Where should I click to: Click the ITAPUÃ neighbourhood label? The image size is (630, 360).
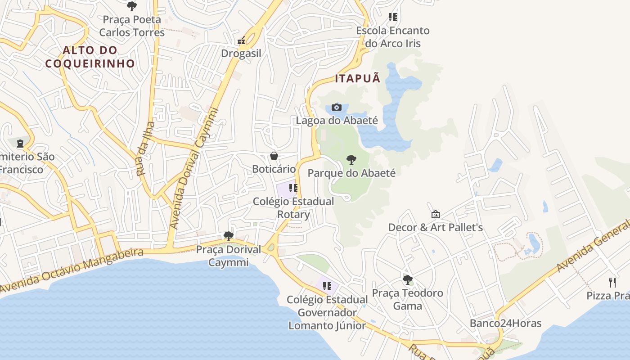coord(357,79)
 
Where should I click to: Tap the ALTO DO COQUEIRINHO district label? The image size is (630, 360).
coord(90,57)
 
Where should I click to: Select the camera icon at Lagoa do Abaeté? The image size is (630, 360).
coord(336,107)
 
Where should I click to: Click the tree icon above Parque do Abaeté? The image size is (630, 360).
coord(351,159)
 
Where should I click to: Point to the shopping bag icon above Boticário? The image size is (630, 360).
coord(274,156)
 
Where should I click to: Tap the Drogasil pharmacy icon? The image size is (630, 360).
coord(242,41)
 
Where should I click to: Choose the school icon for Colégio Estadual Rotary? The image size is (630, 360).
coord(293,188)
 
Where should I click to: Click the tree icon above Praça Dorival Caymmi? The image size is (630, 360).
coord(228,236)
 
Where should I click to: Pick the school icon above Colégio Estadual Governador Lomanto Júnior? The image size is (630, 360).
coord(327,286)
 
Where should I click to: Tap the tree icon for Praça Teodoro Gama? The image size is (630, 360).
coord(407,279)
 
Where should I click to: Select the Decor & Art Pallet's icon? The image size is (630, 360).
coord(435,214)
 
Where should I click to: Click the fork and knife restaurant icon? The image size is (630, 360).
coord(612,282)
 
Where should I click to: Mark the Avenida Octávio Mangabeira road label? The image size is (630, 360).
coord(72,271)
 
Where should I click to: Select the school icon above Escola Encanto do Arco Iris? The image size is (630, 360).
coord(393,17)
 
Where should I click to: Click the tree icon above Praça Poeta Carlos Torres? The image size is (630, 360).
coord(131,6)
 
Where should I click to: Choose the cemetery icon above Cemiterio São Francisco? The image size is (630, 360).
coord(20,144)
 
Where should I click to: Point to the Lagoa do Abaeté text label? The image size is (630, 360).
coord(337,120)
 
